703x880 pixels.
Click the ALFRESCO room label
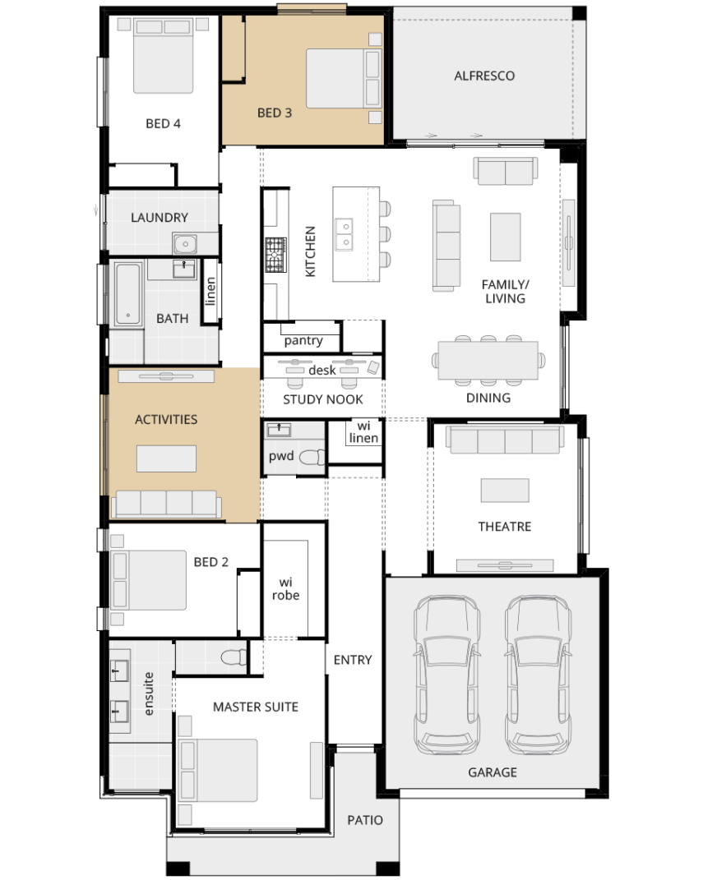click(484, 76)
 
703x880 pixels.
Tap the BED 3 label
click(275, 113)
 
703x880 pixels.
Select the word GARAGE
click(493, 772)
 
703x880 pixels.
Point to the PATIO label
click(365, 820)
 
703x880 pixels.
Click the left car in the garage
click(447, 675)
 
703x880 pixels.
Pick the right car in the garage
click(539, 675)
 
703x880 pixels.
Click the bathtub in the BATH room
click(128, 294)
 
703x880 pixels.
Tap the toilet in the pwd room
click(312, 458)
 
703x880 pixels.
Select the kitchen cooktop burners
click(275, 255)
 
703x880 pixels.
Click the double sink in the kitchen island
click(345, 235)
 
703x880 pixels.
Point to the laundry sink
click(185, 244)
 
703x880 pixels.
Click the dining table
click(488, 361)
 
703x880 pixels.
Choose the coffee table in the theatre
click(505, 490)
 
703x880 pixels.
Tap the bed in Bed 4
click(164, 56)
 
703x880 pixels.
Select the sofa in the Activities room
click(166, 504)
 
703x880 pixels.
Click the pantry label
click(303, 341)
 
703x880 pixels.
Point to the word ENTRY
click(353, 660)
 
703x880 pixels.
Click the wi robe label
click(286, 589)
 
